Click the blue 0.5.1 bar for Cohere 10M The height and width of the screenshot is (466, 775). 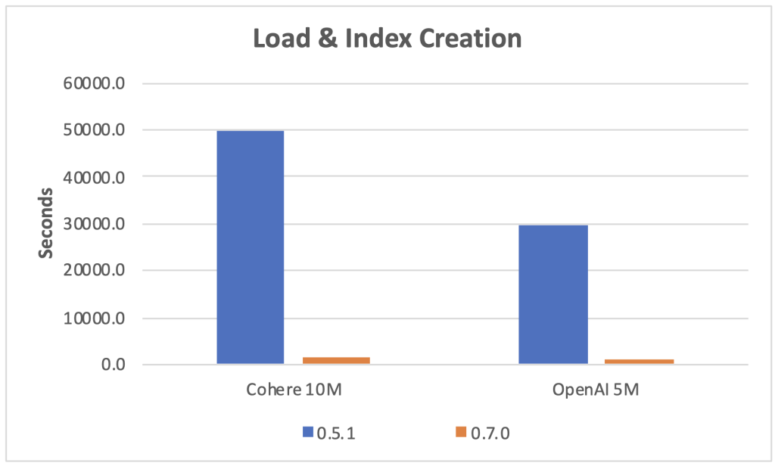(x=251, y=247)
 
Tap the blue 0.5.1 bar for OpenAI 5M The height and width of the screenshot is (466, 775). (x=552, y=294)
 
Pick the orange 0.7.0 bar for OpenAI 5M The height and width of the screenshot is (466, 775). (x=639, y=362)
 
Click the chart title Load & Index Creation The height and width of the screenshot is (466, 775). (x=387, y=38)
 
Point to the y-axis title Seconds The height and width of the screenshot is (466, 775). (x=46, y=222)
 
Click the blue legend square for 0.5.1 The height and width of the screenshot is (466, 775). (x=307, y=432)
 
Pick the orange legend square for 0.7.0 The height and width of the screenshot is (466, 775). (x=461, y=432)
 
